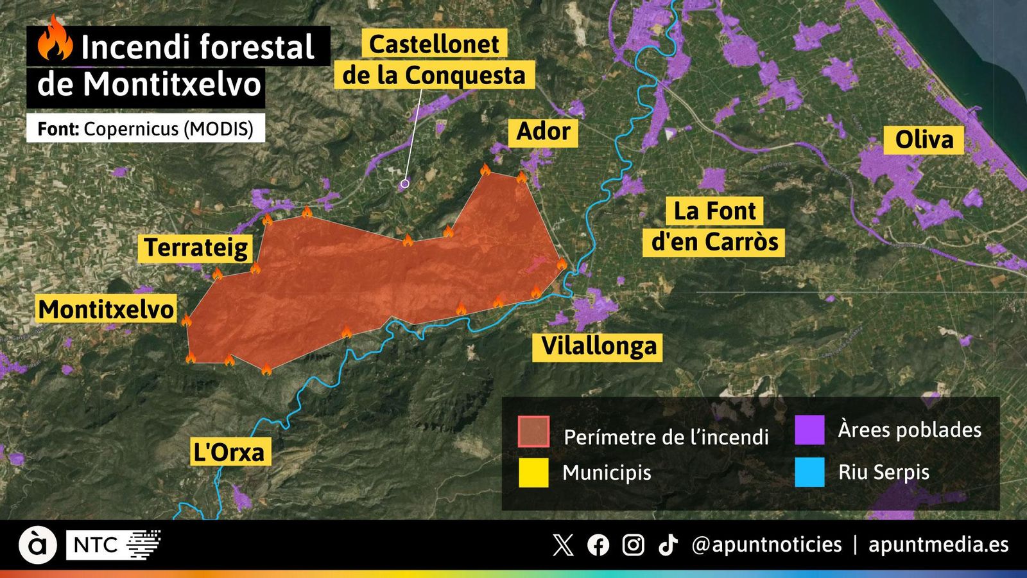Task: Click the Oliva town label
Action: click(924, 140)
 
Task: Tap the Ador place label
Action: click(543, 132)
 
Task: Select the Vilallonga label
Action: click(599, 346)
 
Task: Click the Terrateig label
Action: click(196, 248)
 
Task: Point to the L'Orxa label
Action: click(229, 452)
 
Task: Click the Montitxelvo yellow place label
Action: click(107, 310)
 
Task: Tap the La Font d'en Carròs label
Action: click(714, 227)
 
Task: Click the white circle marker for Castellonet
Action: click(404, 184)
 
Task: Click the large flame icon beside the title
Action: click(54, 40)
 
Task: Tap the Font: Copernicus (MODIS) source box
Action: click(146, 128)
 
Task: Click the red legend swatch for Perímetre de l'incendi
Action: click(533, 432)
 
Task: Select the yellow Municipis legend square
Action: click(533, 473)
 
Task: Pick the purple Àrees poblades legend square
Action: click(809, 430)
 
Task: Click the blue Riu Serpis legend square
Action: click(809, 473)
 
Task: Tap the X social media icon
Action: click(563, 545)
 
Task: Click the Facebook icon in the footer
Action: click(598, 545)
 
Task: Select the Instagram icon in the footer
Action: click(633, 545)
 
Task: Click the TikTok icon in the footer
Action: click(668, 545)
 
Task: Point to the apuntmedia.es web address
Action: click(938, 545)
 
